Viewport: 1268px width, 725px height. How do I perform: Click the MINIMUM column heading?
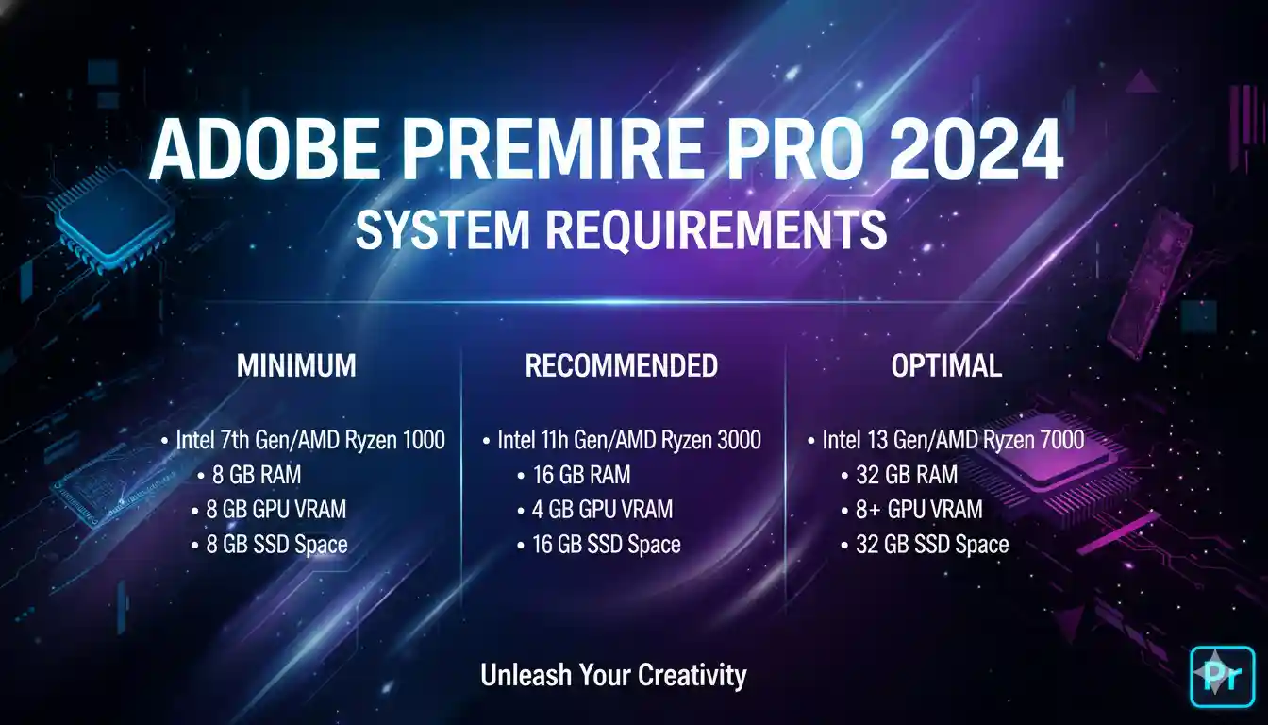click(296, 365)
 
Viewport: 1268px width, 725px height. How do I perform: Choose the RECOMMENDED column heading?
click(621, 365)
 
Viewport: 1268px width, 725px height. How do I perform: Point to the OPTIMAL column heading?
click(946, 365)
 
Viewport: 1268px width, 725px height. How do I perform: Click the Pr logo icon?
click(1223, 676)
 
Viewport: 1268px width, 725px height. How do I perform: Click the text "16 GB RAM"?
click(580, 475)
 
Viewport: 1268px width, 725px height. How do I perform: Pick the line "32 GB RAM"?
click(906, 475)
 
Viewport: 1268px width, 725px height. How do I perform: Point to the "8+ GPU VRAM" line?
click(918, 510)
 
